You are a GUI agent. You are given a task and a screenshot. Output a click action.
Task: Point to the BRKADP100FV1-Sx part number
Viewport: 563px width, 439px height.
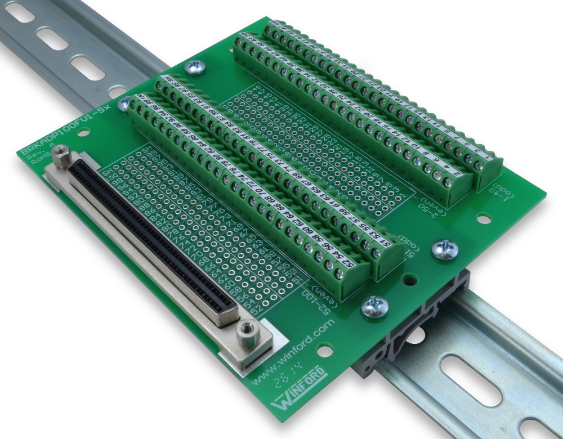point(62,131)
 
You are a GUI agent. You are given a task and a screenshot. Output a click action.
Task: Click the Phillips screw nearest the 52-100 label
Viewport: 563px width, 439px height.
point(374,307)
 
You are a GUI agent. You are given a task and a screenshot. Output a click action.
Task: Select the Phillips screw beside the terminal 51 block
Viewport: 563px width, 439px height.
point(444,249)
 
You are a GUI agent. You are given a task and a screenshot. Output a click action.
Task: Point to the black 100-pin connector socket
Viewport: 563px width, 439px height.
point(152,242)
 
